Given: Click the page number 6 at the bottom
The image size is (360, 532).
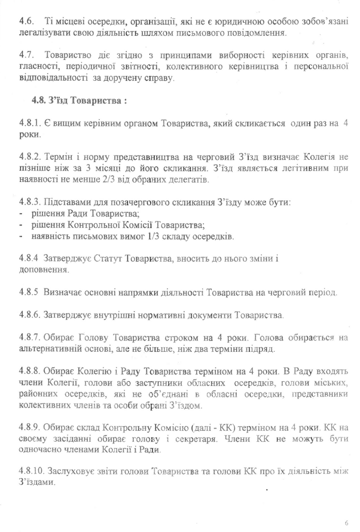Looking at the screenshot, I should [x=346, y=522].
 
